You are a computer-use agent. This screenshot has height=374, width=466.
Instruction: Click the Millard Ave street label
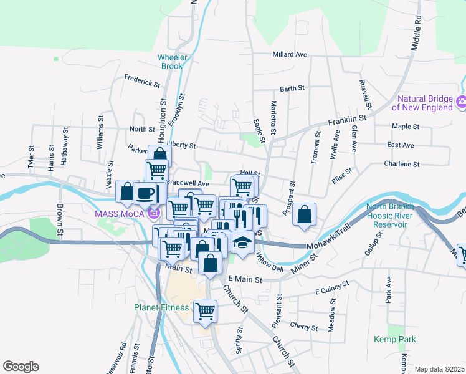tap(290, 55)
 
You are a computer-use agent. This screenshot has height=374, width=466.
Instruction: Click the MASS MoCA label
tap(120, 214)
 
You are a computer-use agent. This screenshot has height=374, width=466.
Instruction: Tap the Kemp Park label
tap(394, 340)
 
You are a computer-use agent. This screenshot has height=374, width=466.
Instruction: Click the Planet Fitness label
tap(161, 307)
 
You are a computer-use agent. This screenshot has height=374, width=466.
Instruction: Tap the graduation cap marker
tap(242, 242)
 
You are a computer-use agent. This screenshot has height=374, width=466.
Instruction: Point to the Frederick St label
tap(142, 79)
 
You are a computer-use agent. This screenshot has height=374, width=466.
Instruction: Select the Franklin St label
tap(348, 119)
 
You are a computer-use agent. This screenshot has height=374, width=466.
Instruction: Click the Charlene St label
tap(402, 164)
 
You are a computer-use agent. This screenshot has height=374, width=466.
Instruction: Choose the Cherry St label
tap(305, 326)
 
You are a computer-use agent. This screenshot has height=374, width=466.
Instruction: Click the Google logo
tap(20, 367)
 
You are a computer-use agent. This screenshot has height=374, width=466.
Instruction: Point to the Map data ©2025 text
tap(439, 369)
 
